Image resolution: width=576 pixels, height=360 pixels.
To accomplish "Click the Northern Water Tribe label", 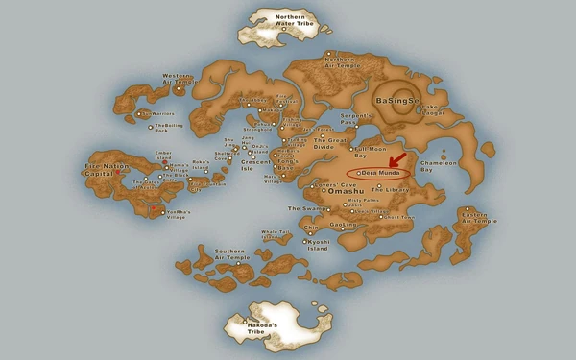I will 289,21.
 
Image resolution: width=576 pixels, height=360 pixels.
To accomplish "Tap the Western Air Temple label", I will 178,78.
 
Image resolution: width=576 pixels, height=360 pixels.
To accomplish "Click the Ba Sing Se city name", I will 396,100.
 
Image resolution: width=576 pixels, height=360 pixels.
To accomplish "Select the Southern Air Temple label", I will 232,254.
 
